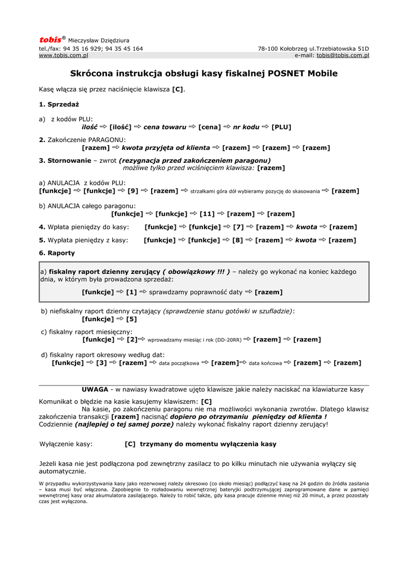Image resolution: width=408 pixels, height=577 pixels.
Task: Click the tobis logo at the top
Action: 50,40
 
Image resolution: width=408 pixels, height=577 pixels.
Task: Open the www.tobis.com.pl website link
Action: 63,55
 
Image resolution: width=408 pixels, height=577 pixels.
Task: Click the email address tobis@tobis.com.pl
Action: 343,55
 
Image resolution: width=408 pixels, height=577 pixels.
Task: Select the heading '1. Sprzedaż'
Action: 59,104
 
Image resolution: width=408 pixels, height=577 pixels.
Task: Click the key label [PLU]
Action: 281,127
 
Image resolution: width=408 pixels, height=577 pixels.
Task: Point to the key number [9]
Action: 134,191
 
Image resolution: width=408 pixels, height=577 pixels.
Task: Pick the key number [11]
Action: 207,214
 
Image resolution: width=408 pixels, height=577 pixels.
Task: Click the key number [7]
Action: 238,227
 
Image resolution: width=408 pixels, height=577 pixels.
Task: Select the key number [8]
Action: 238,240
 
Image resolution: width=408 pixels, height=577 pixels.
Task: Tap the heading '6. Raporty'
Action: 57,253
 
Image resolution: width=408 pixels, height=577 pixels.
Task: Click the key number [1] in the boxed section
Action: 131,292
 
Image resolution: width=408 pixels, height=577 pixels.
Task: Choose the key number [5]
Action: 131,319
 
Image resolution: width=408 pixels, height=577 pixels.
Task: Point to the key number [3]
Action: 101,363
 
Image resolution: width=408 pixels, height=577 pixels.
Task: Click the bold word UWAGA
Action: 95,389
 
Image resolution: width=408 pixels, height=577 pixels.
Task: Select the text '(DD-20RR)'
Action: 229,340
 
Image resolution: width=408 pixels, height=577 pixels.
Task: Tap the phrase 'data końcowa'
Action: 265,363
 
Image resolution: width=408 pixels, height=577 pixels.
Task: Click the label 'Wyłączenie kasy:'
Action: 66,444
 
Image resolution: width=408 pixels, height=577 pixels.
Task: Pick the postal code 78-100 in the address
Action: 268,48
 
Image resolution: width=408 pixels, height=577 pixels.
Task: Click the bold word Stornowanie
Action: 65,161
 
